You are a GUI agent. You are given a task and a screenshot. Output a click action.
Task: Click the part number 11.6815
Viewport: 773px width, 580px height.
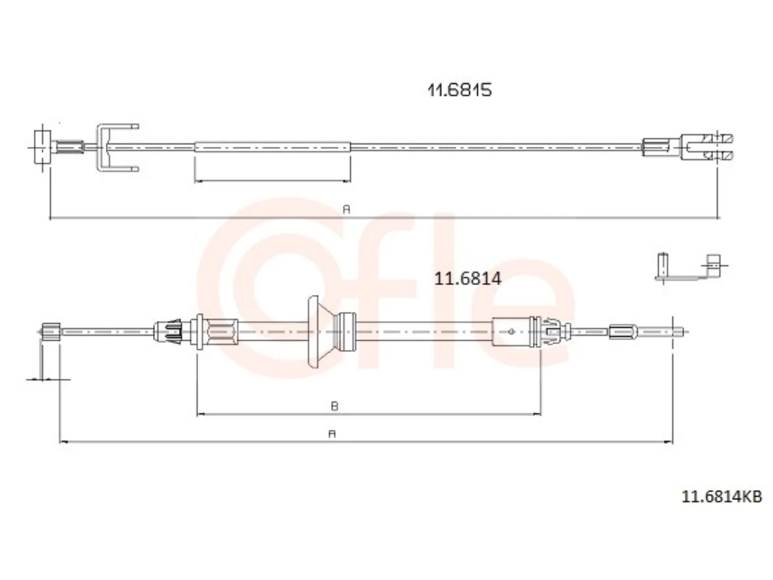pos(459,90)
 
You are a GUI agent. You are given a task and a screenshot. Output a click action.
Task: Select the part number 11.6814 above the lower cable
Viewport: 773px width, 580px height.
pos(467,279)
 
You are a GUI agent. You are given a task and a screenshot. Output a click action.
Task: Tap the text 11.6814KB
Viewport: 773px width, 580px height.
pos(722,497)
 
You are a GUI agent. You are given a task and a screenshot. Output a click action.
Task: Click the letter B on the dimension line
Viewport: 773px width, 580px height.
pos(334,407)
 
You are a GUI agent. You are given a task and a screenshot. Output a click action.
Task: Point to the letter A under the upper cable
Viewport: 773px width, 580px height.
pos(347,210)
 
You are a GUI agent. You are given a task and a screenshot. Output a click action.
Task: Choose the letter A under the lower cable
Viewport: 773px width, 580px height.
pos(332,434)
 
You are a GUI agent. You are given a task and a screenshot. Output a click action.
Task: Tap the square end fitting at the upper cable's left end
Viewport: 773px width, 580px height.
pos(42,147)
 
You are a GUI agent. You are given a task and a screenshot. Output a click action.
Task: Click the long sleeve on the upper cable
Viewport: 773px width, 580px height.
pos(272,147)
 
